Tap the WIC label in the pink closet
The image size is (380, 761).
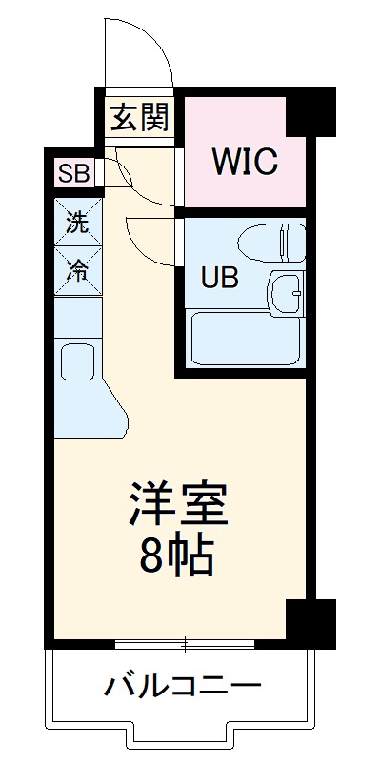(x=244, y=162)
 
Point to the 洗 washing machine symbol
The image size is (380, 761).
(x=76, y=224)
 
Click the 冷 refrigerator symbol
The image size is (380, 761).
(x=76, y=270)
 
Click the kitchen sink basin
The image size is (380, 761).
(x=76, y=362)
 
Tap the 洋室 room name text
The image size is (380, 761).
(x=179, y=505)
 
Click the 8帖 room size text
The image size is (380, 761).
(x=178, y=556)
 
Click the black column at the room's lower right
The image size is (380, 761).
(x=311, y=623)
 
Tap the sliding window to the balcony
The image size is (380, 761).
(x=185, y=646)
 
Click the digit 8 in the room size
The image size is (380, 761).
(x=152, y=556)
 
